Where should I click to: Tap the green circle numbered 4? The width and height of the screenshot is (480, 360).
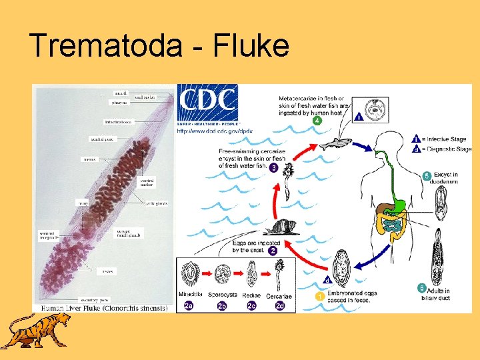pos(317,121)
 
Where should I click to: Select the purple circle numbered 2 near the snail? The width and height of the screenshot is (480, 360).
pos(273,251)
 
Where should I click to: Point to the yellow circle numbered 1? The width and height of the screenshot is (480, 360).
pos(320,295)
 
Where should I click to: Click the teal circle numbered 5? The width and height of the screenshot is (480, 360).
pos(427,176)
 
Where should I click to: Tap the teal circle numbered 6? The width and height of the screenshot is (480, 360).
pos(421,288)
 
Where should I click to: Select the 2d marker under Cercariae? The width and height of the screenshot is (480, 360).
pos(280,306)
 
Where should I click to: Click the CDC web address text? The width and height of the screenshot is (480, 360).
pos(215,131)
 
